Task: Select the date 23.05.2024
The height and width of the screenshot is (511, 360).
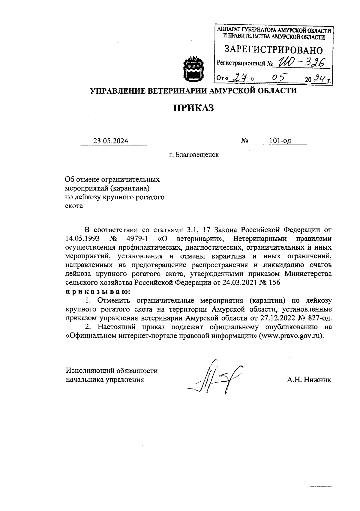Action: pyautogui.click(x=111, y=141)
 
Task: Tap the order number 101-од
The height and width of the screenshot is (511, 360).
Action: pyautogui.click(x=280, y=141)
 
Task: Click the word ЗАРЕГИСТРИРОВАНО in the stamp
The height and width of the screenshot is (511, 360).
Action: pyautogui.click(x=274, y=50)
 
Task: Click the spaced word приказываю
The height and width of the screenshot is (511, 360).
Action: pyautogui.click(x=98, y=291)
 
